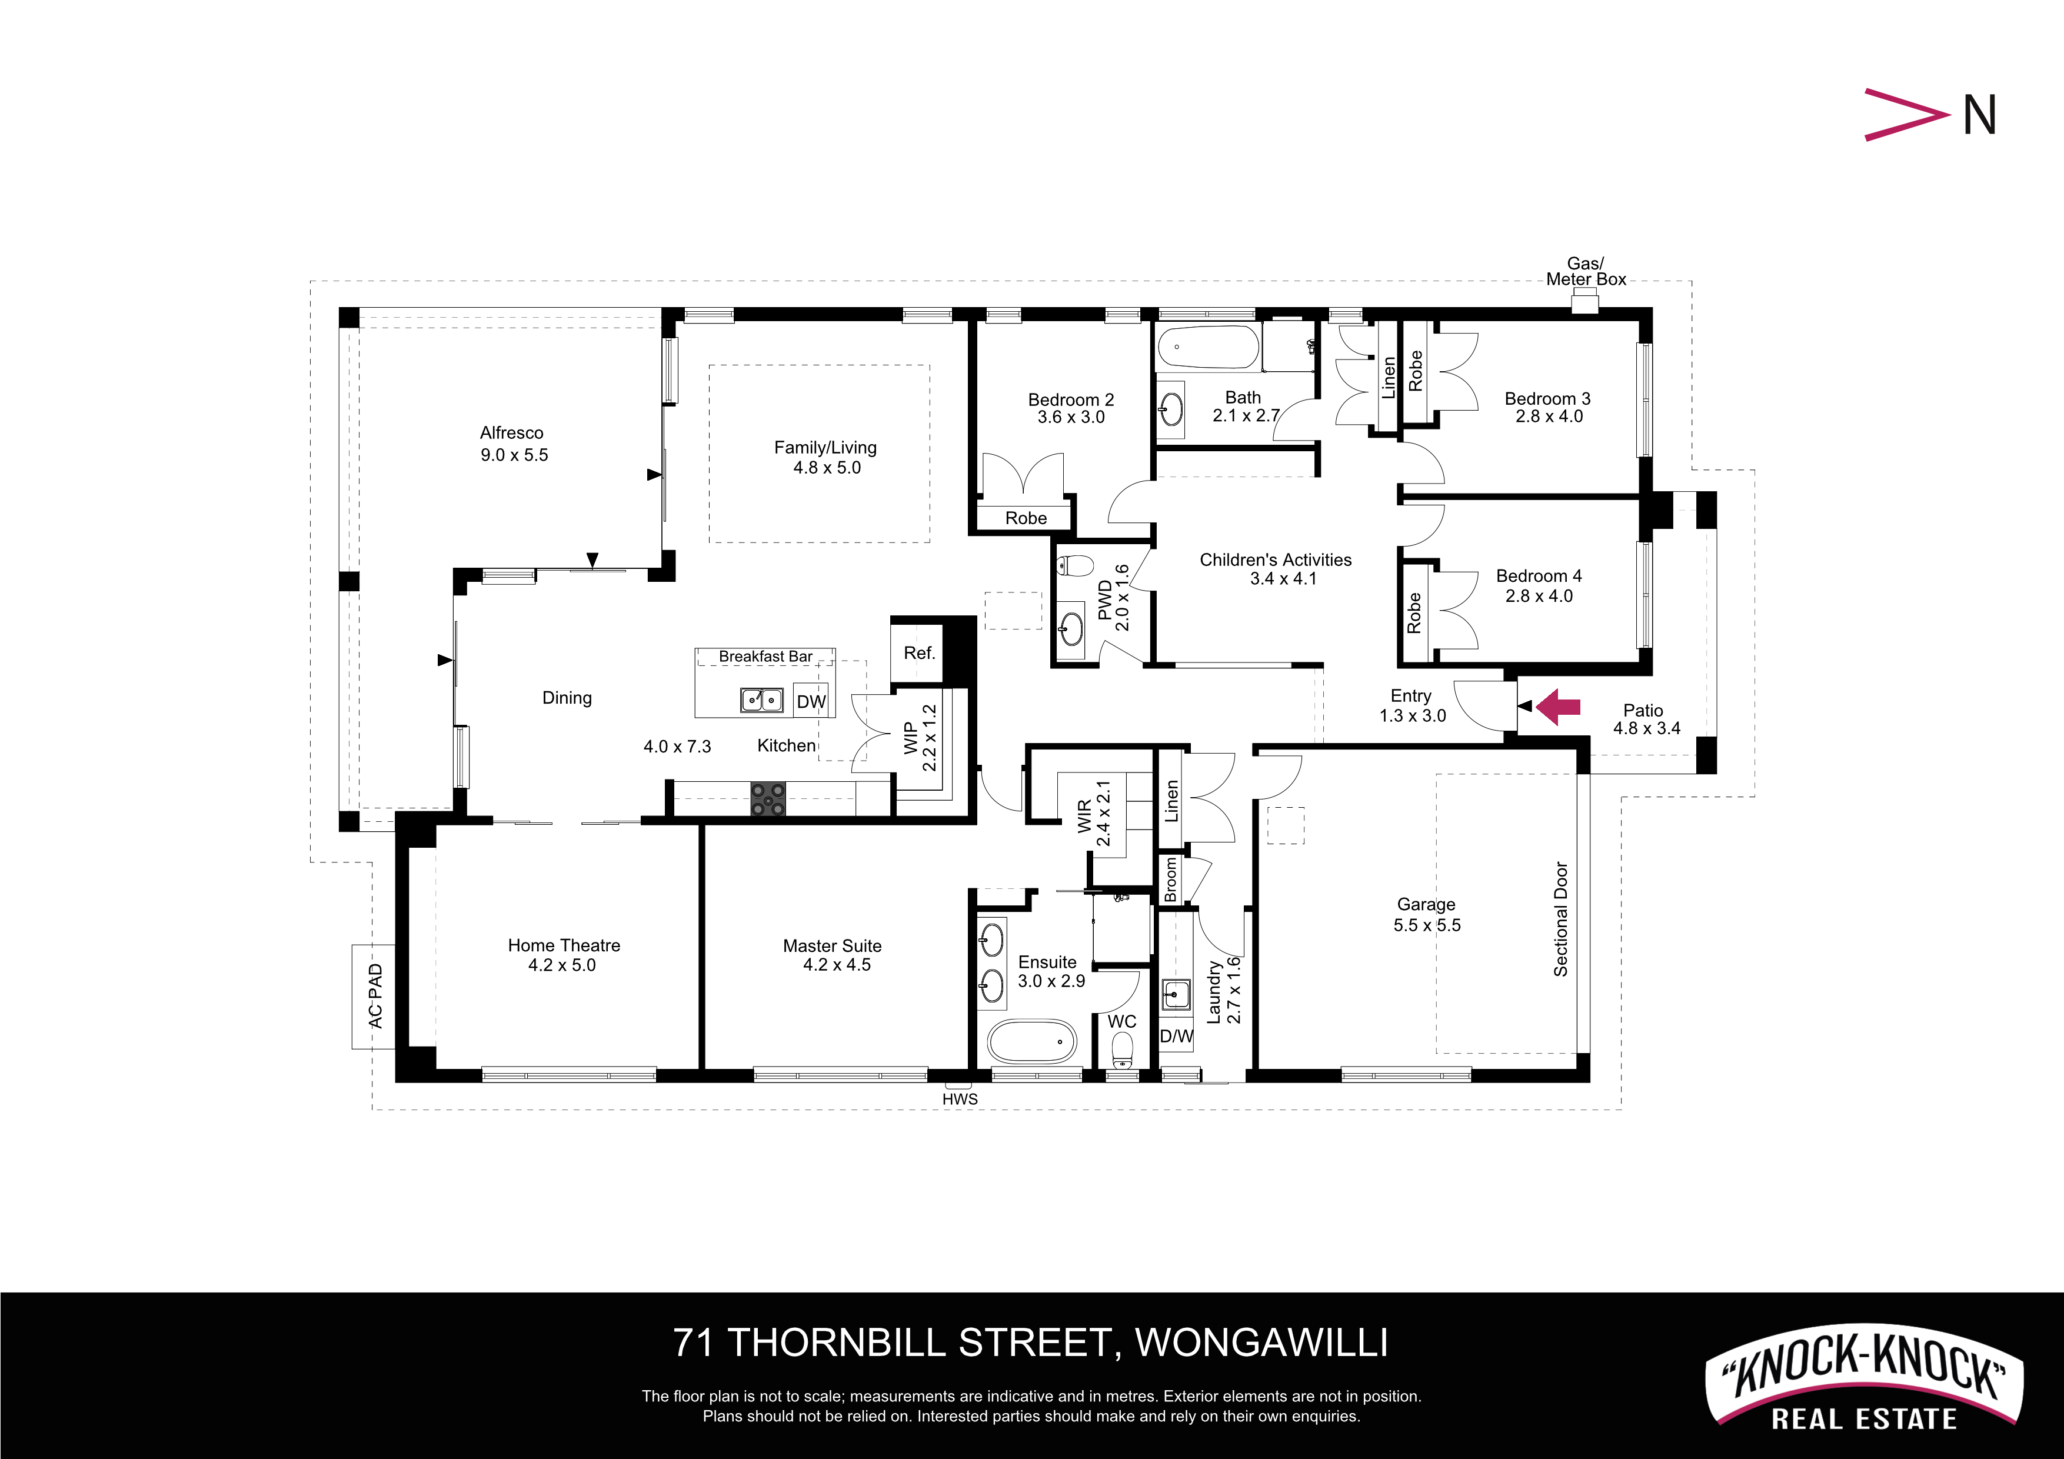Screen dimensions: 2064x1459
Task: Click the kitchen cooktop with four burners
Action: click(768, 798)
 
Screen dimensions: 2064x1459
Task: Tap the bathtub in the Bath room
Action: click(1208, 347)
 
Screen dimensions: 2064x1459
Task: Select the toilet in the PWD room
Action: click(1074, 565)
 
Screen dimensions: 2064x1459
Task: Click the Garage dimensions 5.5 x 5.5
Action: click(1427, 925)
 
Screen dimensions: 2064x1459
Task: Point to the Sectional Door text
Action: click(1560, 919)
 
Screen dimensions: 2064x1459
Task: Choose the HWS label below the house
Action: click(960, 1098)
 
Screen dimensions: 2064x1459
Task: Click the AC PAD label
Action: click(376, 995)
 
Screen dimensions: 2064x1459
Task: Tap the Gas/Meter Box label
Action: click(1586, 271)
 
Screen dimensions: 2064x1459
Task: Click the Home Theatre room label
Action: click(564, 945)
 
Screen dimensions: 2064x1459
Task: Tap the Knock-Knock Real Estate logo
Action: click(1865, 1376)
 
